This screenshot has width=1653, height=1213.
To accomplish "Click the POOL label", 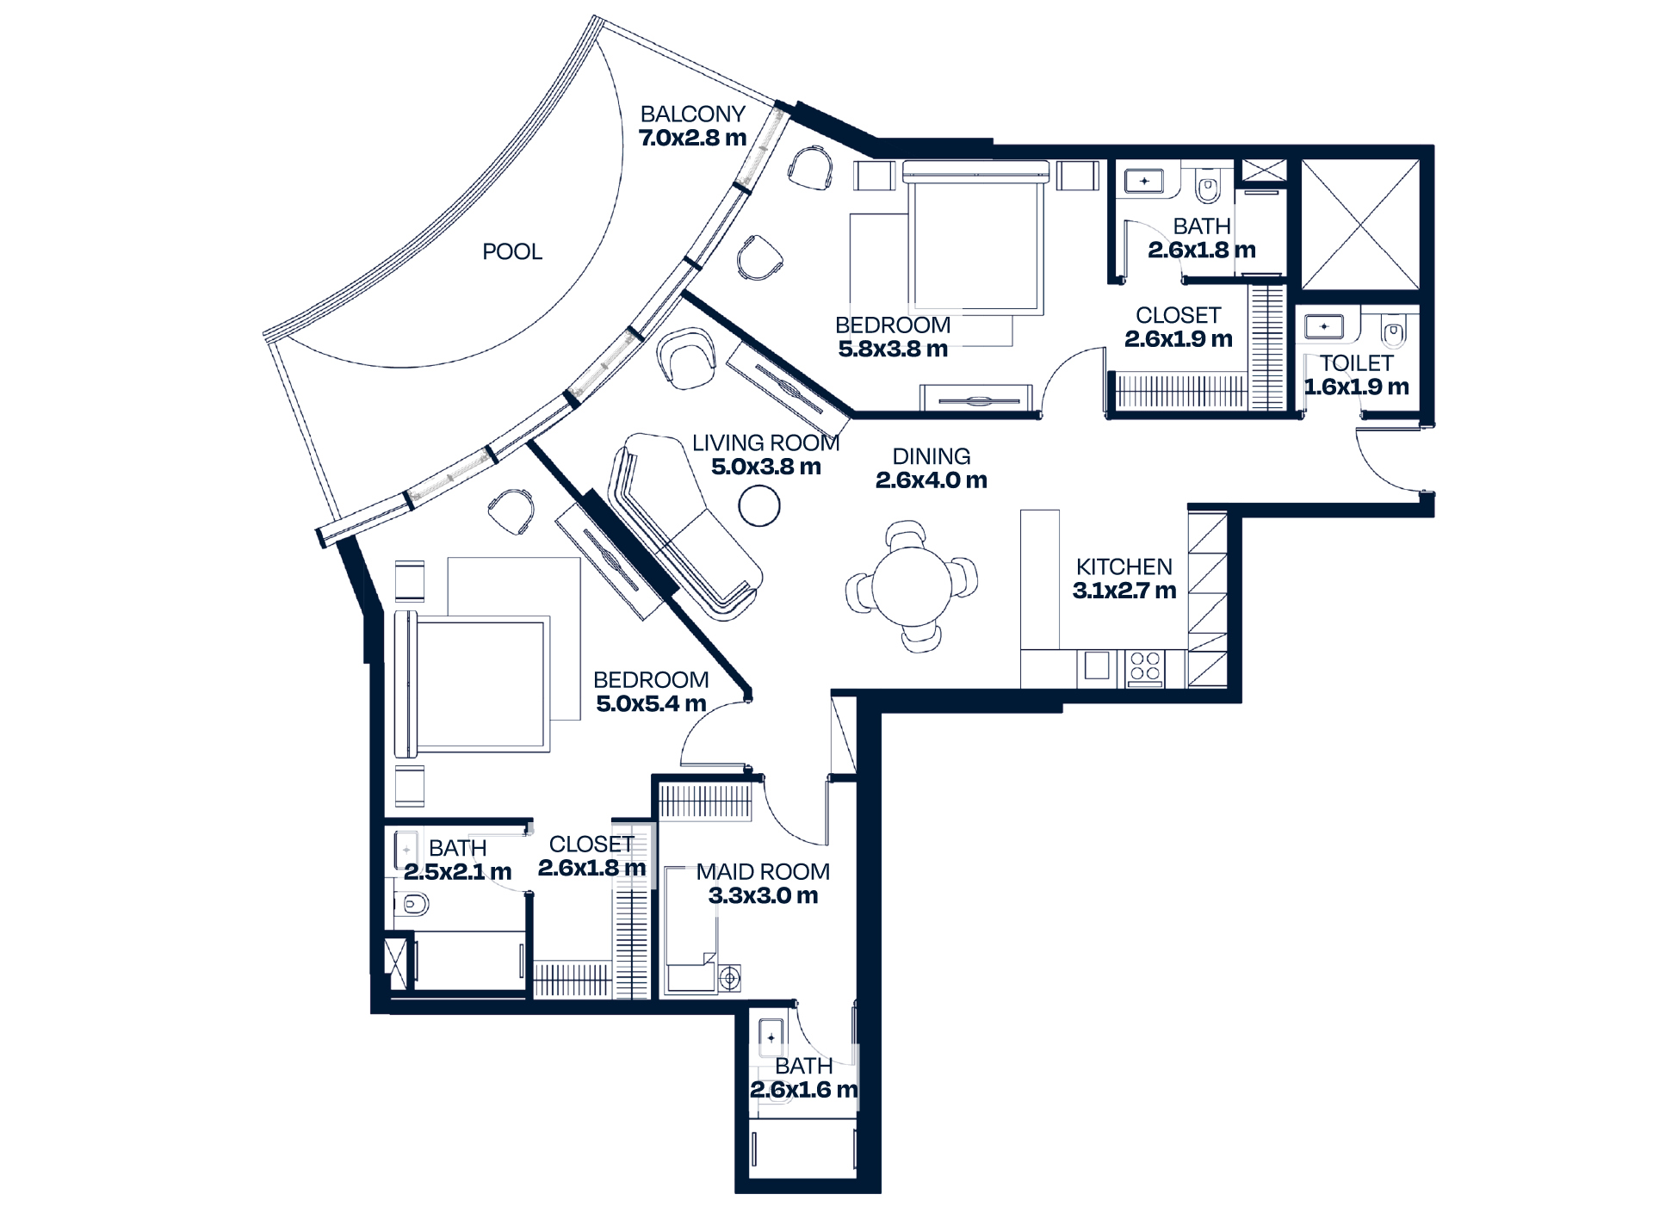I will tap(512, 251).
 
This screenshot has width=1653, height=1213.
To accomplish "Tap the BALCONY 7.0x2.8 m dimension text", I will tap(692, 138).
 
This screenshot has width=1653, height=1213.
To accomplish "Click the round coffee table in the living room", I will tap(759, 505).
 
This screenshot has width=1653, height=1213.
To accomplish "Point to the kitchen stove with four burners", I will tap(1144, 667).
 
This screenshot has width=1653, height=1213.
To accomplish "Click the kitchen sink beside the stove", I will tap(1096, 666).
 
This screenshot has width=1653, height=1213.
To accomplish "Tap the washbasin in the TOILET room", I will tap(1324, 326).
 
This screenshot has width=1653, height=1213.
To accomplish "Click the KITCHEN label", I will tap(1124, 566).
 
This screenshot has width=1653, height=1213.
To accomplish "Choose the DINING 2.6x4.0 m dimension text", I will tap(931, 480).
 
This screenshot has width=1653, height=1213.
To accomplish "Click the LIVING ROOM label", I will tap(765, 442).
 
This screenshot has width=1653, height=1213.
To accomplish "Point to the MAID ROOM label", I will tap(763, 871).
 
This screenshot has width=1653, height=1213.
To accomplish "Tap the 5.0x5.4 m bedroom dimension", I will tap(651, 703).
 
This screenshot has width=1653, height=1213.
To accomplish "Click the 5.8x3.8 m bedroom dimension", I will tap(893, 349).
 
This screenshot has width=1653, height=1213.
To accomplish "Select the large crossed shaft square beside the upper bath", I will tap(1359, 224).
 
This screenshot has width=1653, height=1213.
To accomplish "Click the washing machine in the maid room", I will tap(730, 978).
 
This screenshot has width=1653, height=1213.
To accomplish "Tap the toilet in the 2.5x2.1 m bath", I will tap(413, 904).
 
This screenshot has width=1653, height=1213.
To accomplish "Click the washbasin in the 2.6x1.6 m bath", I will tap(771, 1037).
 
